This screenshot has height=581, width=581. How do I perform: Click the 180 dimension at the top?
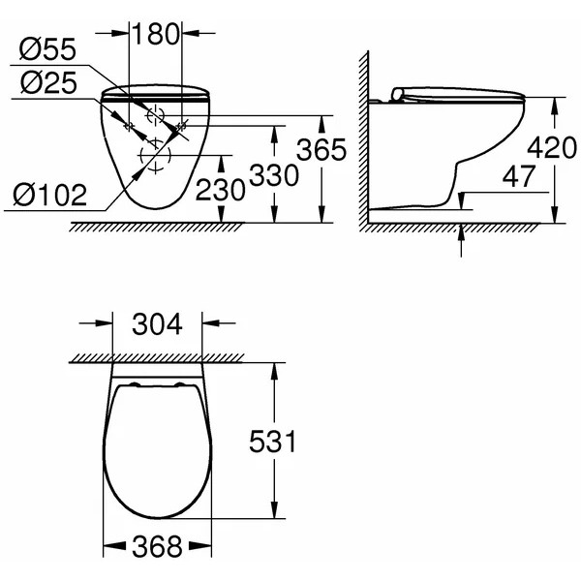pos(156,34)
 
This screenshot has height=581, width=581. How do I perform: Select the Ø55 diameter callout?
pos(48,48)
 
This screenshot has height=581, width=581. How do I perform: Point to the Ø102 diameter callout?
pos(49,197)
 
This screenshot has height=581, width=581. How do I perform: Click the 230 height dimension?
pos(222,189)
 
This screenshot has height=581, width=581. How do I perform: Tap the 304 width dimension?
pos(157,324)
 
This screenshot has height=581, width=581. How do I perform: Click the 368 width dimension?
pos(156,548)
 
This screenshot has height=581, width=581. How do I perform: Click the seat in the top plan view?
pos(156,450)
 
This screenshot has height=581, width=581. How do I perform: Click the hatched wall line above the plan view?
pos(174,360)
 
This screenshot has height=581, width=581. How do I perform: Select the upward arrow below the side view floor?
pos(461,238)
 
